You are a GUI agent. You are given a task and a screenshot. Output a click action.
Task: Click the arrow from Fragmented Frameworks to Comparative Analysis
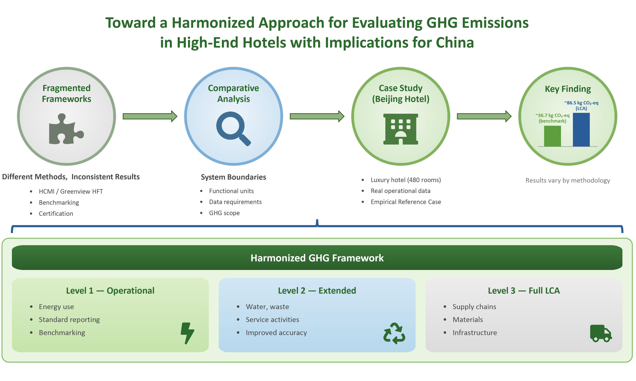(150, 116)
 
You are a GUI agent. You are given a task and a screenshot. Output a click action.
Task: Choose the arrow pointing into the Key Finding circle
(484, 116)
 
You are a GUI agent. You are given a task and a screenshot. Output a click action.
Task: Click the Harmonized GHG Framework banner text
(317, 258)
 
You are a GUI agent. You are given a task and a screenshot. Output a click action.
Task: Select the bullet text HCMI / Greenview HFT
(71, 191)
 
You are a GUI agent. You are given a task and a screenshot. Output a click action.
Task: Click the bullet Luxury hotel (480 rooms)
(406, 180)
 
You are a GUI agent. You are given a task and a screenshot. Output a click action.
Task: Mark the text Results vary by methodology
(568, 180)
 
